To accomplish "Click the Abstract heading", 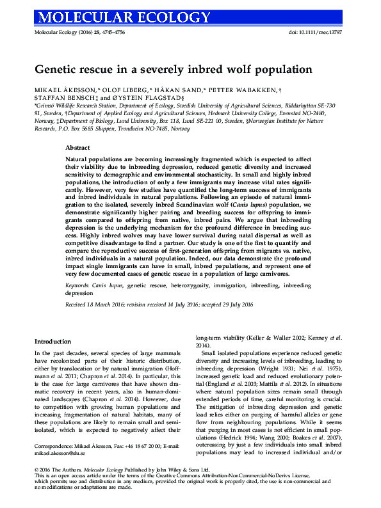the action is coord(77,147).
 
